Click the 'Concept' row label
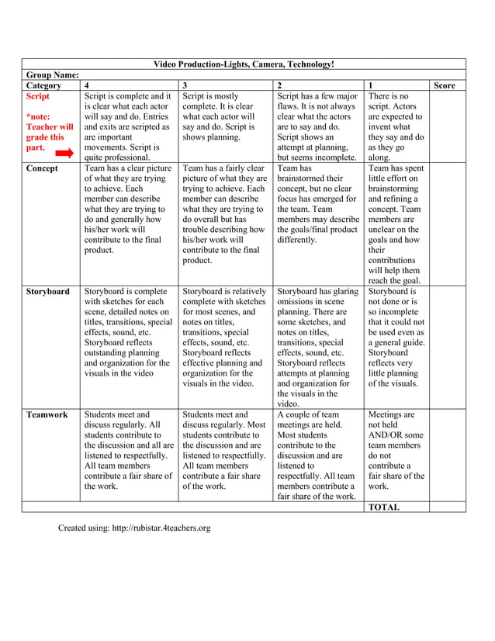(x=42, y=168)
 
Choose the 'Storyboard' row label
(x=47, y=292)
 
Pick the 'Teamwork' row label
(x=47, y=414)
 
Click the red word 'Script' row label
(x=38, y=97)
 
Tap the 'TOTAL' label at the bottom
(x=385, y=507)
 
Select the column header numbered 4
(x=86, y=85)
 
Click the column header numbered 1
(x=371, y=85)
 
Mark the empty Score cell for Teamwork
(x=448, y=456)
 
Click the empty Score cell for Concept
(x=448, y=223)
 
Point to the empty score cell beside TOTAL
(x=448, y=507)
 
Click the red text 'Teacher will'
(x=50, y=126)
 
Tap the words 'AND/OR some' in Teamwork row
(x=396, y=435)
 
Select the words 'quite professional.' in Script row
(x=121, y=157)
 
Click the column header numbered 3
(x=185, y=85)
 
